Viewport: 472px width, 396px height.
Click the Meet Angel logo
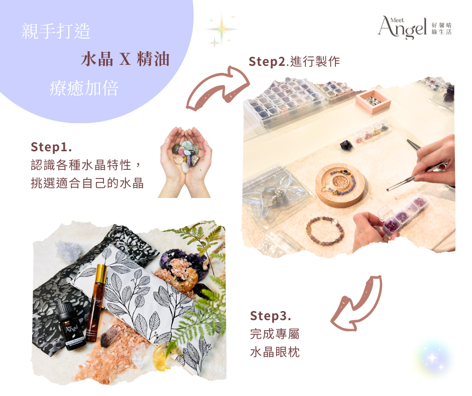point(414,28)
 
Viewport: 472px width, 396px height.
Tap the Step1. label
point(52,147)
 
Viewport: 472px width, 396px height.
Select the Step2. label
point(269,61)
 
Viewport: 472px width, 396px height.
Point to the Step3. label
point(270,316)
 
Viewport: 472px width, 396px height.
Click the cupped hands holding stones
point(185,162)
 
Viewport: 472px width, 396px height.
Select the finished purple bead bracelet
point(325,231)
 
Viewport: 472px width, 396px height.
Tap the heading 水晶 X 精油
point(125,59)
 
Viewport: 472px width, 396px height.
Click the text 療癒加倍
point(84,88)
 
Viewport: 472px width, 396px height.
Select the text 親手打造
point(56,31)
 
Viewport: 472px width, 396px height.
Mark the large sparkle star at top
point(222,29)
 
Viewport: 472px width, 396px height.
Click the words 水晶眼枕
point(275,352)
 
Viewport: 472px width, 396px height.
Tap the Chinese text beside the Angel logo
point(441,29)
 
